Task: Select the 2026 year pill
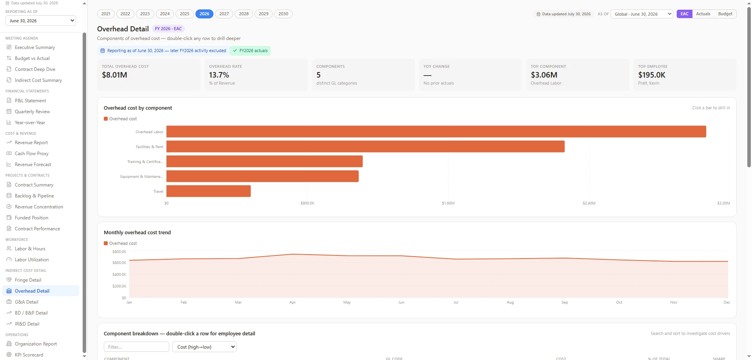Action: (x=204, y=14)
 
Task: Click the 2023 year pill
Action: (x=145, y=14)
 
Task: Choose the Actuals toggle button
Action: (x=703, y=14)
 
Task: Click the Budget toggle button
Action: (x=725, y=14)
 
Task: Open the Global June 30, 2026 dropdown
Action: (x=642, y=14)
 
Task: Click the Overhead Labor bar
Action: (x=436, y=132)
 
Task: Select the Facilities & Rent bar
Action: (x=365, y=147)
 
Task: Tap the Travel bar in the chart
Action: (x=208, y=191)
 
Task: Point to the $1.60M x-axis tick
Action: (x=448, y=203)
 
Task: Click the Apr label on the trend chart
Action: (x=293, y=302)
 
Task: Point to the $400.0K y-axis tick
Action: (x=119, y=275)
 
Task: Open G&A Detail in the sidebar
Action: (x=27, y=302)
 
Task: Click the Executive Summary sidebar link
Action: (x=35, y=47)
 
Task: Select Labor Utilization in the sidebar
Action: (x=32, y=260)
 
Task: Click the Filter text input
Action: (x=136, y=347)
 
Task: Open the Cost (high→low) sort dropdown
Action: (x=204, y=347)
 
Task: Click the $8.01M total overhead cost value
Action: (x=114, y=75)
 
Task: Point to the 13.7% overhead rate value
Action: (x=219, y=75)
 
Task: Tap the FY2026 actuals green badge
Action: (x=250, y=51)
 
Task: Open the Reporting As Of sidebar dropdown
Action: (x=41, y=21)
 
